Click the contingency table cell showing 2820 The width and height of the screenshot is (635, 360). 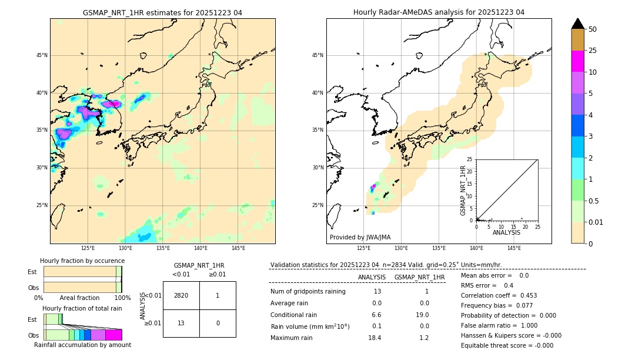[x=181, y=295]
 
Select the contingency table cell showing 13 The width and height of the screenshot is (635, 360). [x=181, y=323]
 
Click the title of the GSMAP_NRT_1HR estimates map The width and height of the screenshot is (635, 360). [x=162, y=12]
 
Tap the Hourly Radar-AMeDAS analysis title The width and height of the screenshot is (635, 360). [x=439, y=12]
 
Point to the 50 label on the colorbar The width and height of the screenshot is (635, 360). [x=593, y=29]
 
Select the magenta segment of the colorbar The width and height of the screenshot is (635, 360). [x=577, y=61]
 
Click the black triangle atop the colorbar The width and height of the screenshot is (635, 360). [x=577, y=24]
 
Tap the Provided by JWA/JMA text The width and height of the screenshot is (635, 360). [x=360, y=237]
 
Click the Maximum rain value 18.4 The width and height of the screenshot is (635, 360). [x=375, y=338]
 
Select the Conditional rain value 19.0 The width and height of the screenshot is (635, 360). [x=424, y=315]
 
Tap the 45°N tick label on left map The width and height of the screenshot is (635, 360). [x=42, y=55]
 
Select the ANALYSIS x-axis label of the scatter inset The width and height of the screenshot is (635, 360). [x=506, y=232]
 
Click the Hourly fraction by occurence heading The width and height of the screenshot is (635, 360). [x=82, y=261]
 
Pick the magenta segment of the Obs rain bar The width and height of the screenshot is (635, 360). [x=113, y=335]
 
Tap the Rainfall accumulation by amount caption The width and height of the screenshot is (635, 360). [x=82, y=345]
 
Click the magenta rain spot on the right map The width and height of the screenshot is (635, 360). [x=373, y=188]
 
